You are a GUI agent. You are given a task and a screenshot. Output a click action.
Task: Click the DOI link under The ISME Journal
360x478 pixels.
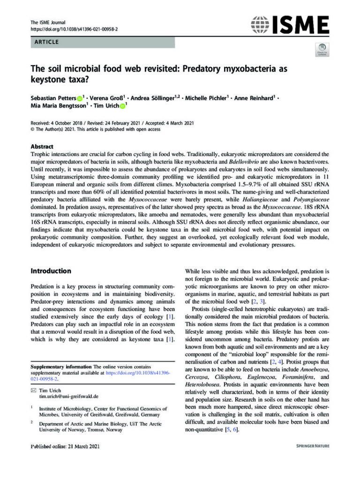coord(74,29)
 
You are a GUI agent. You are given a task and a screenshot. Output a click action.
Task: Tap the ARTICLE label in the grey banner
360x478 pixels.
coord(46,42)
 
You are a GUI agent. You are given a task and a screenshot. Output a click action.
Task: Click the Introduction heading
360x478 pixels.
coord(51,271)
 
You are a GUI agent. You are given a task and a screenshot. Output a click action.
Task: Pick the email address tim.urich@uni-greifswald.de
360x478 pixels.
coord(68,396)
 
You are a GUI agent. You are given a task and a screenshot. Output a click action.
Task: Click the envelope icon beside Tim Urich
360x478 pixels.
coord(33,390)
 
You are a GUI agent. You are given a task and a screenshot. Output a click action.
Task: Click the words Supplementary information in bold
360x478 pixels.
coord(61,366)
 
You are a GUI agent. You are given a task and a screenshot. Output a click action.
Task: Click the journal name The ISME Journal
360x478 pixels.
coord(48,22)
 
